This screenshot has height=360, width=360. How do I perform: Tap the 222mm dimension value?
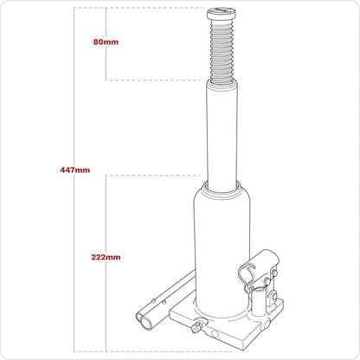tap(106, 256)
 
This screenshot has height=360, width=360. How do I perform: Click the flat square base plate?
tap(225, 333)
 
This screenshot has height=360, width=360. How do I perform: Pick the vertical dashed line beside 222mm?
tap(106, 208)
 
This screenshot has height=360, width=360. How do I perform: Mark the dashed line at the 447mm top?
tap(138, 8)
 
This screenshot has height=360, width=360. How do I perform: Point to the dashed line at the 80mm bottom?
tap(156, 80)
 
